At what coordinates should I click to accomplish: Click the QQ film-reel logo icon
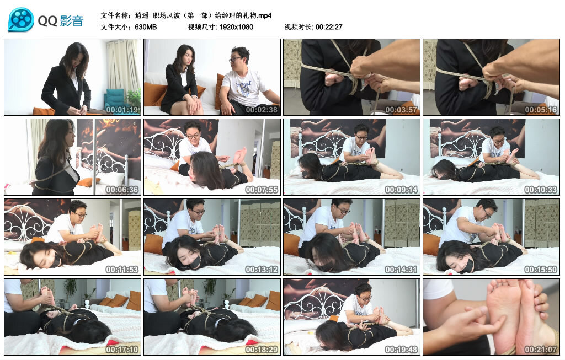coord(21,20)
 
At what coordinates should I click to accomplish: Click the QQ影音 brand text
coord(61,22)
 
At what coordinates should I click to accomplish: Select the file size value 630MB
coord(146,26)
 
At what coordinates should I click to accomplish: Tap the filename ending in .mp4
coord(204,15)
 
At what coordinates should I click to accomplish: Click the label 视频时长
coord(299,26)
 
